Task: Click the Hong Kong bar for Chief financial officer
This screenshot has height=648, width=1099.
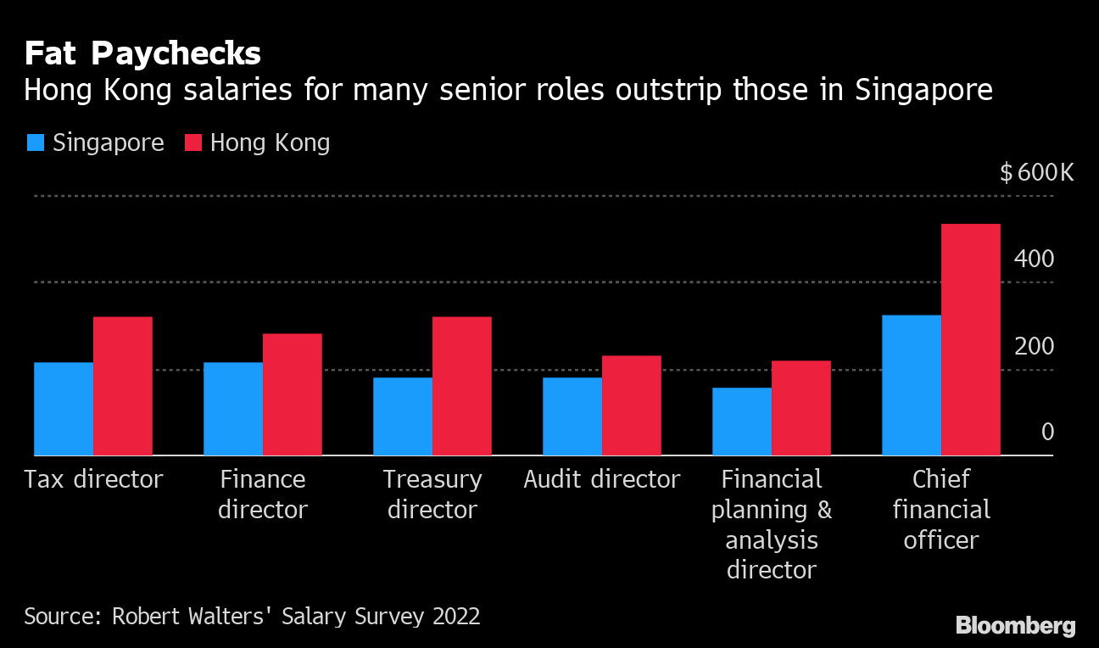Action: (x=971, y=339)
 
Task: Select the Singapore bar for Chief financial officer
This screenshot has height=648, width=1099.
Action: (x=912, y=385)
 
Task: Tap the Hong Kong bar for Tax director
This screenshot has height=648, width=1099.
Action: (x=123, y=386)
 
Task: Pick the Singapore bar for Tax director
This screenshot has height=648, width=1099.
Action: (x=64, y=409)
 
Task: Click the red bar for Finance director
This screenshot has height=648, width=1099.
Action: (x=293, y=394)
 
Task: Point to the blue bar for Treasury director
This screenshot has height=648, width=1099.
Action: (x=403, y=416)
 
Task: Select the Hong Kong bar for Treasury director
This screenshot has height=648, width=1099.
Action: (x=462, y=386)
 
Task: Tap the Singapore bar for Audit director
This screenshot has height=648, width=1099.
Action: (x=572, y=416)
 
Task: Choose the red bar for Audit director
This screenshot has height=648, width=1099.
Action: (x=632, y=405)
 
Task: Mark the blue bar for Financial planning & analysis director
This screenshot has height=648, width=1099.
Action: (x=742, y=422)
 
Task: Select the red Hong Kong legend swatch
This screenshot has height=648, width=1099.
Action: (x=192, y=142)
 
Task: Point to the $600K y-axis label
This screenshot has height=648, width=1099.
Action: (x=1036, y=173)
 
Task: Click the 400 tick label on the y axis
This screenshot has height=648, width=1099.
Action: (x=1035, y=259)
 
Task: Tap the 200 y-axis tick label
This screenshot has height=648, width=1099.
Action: (x=1035, y=346)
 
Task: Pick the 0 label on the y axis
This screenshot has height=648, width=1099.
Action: (x=1047, y=433)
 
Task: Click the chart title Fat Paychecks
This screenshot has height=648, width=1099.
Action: (x=142, y=54)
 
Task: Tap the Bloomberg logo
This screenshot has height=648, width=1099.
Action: (x=1015, y=626)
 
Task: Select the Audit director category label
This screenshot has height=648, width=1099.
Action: (x=602, y=479)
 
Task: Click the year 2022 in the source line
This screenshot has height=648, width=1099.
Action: (x=455, y=615)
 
